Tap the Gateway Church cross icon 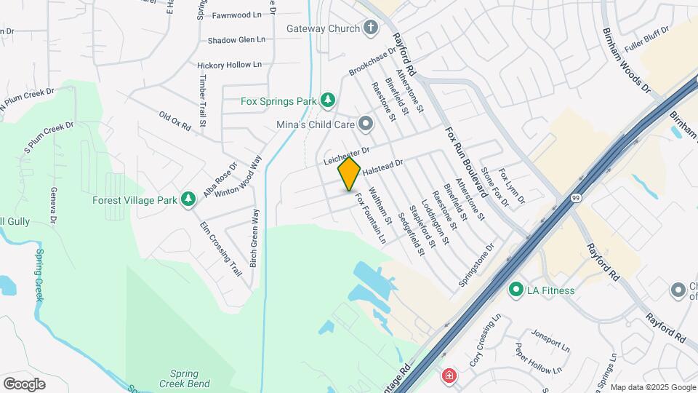370,29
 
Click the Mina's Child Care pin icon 366,124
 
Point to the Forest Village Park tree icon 188,199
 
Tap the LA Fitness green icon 516,290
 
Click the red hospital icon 449,376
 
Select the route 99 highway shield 575,198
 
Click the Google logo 24,383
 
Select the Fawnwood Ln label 236,15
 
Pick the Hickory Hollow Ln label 229,65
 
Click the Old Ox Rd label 174,121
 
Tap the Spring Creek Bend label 185,378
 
